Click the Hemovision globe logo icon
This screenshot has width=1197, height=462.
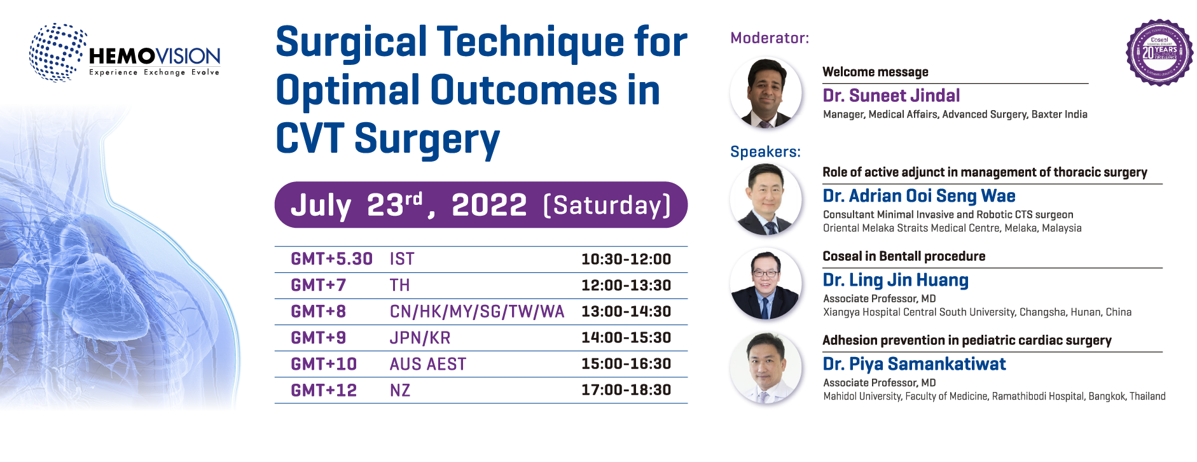57,52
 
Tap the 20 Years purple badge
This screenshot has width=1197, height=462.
1159,52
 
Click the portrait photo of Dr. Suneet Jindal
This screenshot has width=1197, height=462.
767,93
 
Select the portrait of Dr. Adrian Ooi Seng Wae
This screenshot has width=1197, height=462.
767,201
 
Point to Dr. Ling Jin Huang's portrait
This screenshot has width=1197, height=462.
767,285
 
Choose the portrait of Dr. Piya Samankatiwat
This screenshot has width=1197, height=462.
767,370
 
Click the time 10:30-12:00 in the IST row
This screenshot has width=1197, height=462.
626,259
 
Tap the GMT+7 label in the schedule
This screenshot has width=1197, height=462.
318,285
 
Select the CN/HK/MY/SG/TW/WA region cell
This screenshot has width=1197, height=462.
477,311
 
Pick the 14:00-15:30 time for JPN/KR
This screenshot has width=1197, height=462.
626,337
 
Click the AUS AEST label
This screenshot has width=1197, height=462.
427,364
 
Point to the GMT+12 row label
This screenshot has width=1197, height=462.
324,390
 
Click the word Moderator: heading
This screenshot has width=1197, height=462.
770,38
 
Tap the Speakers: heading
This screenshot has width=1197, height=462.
765,151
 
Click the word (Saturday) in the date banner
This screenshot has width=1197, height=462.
607,206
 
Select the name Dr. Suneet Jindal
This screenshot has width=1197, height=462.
891,95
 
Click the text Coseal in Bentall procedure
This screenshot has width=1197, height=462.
903,256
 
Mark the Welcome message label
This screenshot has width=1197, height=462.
875,72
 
